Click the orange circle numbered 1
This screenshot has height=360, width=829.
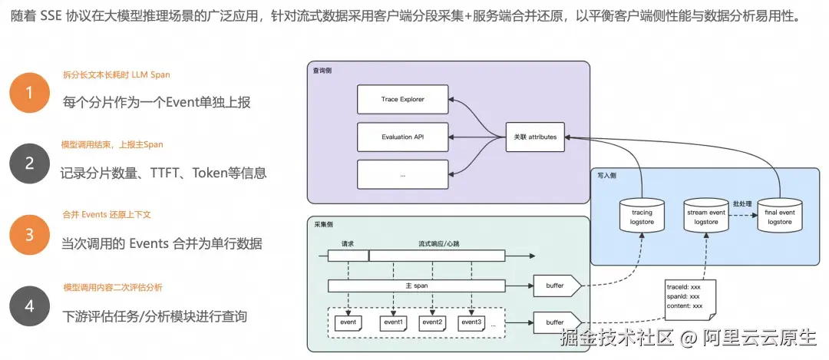pyautogui.click(x=29, y=93)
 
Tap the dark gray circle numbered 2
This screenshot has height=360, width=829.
pyautogui.click(x=29, y=163)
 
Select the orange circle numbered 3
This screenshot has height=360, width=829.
pyautogui.click(x=29, y=234)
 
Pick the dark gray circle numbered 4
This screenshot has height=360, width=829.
pyautogui.click(x=29, y=306)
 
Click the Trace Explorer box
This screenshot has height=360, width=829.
pyautogui.click(x=402, y=100)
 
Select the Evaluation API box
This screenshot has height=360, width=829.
pyautogui.click(x=402, y=137)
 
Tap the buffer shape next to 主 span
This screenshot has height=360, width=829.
pyautogui.click(x=556, y=286)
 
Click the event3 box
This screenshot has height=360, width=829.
pyautogui.click(x=471, y=322)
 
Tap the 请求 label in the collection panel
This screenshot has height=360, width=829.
pyautogui.click(x=347, y=243)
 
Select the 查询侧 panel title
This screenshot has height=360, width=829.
pyautogui.click(x=322, y=71)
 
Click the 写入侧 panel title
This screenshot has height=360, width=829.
pyautogui.click(x=606, y=176)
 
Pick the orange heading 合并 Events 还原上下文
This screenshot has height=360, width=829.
pyautogui.click(x=107, y=215)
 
